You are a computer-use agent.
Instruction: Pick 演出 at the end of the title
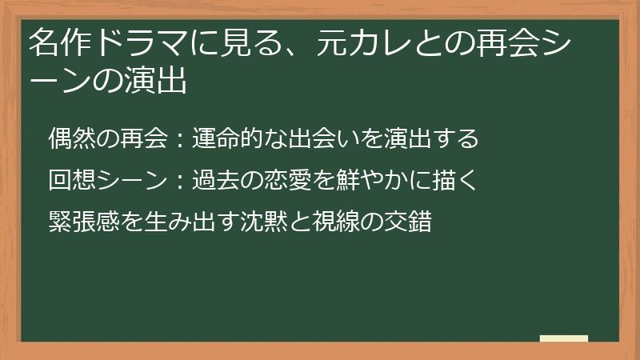[x=159, y=81]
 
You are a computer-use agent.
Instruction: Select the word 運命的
[x=222, y=139]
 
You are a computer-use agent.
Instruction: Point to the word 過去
[x=211, y=180]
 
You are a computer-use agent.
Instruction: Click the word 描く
[x=458, y=180]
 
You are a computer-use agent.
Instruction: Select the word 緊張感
[x=78, y=221]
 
